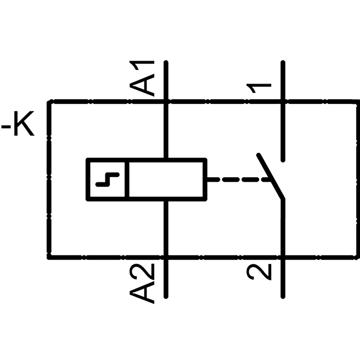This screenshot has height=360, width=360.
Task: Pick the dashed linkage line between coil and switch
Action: click(238, 179)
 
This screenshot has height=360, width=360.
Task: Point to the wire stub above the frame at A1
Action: click(166, 81)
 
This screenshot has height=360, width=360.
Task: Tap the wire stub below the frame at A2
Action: click(166, 279)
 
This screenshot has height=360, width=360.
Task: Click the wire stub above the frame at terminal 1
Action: click(283, 81)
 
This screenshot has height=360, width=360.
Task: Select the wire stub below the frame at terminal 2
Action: click(283, 279)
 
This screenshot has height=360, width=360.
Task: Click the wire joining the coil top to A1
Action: click(166, 130)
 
